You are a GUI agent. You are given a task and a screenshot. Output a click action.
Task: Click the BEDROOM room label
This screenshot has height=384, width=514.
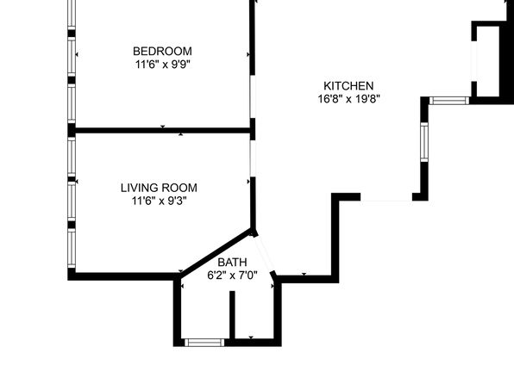(162, 51)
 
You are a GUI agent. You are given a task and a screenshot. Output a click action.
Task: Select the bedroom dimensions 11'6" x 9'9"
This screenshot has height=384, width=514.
(163, 65)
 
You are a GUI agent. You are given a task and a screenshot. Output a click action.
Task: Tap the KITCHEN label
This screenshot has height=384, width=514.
(348, 86)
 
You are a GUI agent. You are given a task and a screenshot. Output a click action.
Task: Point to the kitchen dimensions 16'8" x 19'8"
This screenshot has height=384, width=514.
(348, 98)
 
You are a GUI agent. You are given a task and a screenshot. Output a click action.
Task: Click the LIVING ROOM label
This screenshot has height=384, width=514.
(159, 188)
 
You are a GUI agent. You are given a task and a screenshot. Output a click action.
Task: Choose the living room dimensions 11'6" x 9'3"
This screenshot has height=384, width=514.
(159, 201)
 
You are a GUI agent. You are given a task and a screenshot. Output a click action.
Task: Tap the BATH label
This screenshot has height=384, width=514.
(232, 263)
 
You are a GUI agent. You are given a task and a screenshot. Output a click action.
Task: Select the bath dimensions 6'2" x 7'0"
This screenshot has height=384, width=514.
(232, 276)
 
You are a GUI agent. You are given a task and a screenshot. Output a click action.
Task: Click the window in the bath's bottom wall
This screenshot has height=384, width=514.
(204, 343)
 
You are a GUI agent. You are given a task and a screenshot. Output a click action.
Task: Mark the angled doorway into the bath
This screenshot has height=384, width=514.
(264, 254)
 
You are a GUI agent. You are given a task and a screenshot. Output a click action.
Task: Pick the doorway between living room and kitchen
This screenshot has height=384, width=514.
(253, 158)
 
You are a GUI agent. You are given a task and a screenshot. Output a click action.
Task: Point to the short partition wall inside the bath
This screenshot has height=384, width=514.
(232, 315)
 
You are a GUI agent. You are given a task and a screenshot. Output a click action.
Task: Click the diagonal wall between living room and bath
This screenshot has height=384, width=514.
(216, 251)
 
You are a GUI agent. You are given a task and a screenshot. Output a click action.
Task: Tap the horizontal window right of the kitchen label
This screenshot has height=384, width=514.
(449, 101)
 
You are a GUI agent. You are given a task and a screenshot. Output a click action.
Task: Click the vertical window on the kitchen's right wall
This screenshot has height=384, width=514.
(424, 142)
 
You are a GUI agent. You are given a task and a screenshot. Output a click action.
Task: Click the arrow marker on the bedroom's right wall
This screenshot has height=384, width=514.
(248, 54)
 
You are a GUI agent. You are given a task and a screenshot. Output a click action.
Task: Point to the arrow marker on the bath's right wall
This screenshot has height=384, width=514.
(273, 286)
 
